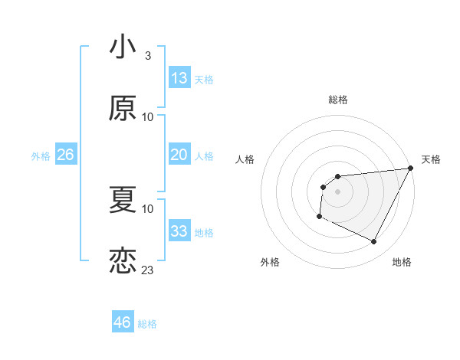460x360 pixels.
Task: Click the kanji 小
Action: tap(123, 47)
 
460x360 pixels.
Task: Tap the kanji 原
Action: tap(123, 108)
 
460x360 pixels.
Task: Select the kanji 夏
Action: tap(123, 200)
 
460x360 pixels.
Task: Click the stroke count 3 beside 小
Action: tap(147, 56)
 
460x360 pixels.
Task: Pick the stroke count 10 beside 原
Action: tap(148, 117)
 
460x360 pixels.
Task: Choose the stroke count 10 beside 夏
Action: tap(148, 209)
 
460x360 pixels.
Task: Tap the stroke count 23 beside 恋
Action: tap(148, 270)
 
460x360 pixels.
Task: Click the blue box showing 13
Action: tap(179, 78)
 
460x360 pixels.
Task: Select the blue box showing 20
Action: tap(179, 155)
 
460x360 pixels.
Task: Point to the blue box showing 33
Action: tap(179, 231)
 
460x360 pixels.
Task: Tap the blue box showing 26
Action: tap(65, 155)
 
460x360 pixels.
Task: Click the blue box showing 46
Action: tap(123, 322)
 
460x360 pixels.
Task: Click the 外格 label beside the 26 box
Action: tap(41, 156)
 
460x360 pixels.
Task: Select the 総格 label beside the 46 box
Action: tap(147, 324)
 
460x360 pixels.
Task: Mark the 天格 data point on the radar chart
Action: tap(412, 169)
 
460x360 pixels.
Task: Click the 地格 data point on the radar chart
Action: tap(374, 242)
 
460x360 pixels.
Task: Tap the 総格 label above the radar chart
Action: tap(337, 100)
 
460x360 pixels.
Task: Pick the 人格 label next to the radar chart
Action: tap(245, 159)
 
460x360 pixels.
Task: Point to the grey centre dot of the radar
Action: tap(337, 191)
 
